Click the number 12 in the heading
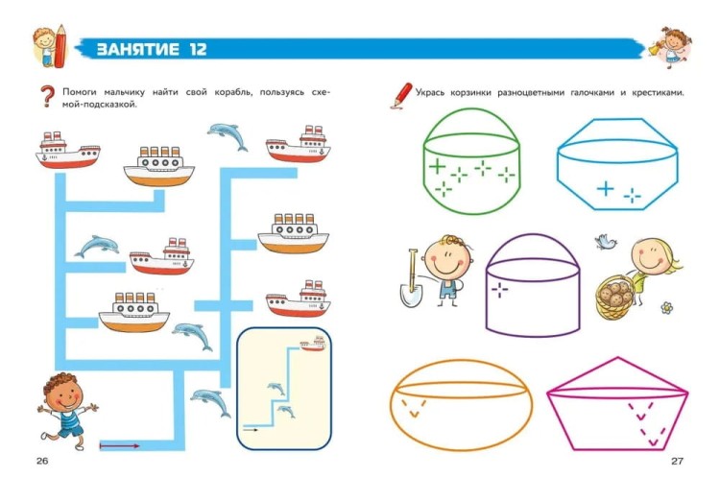click(x=199, y=49)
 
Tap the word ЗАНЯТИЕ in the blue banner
click(x=137, y=49)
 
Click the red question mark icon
click(x=47, y=96)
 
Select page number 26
click(x=42, y=461)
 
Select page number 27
click(x=678, y=461)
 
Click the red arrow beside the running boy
click(x=119, y=445)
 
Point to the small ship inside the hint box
click(x=313, y=344)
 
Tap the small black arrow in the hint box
click(x=251, y=430)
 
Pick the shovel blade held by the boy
click(x=410, y=295)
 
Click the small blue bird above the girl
click(x=606, y=241)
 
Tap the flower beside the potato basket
click(x=667, y=308)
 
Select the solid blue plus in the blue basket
click(x=606, y=188)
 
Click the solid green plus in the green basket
click(x=437, y=166)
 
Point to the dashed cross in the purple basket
click(x=499, y=289)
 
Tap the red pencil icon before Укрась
click(x=401, y=96)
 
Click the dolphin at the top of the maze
click(x=228, y=136)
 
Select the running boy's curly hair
click(x=59, y=382)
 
